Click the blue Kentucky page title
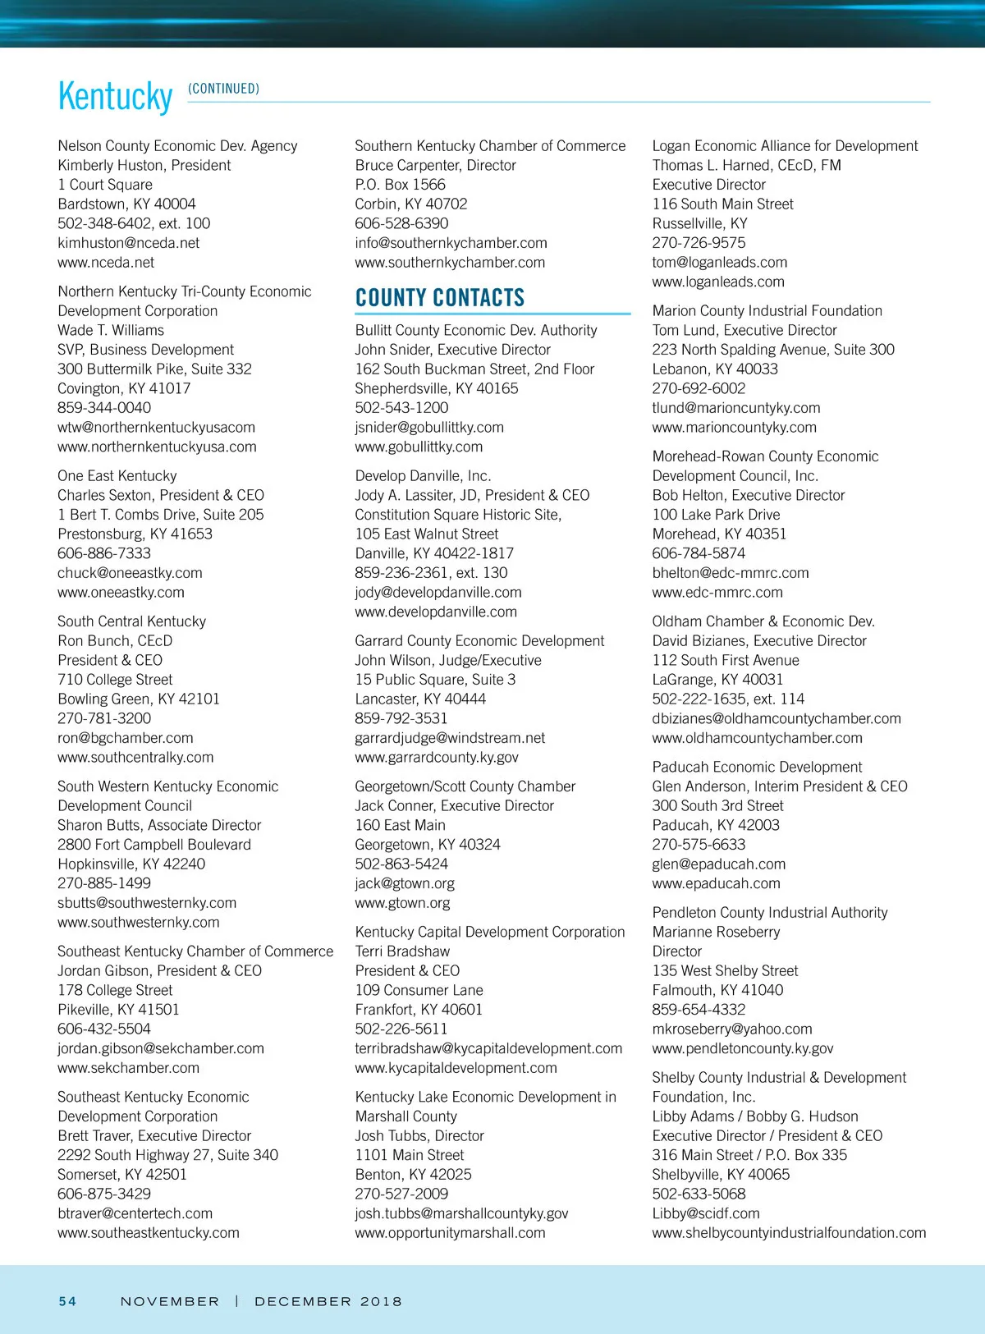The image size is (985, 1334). [x=115, y=97]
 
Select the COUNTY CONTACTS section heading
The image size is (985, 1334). [x=439, y=297]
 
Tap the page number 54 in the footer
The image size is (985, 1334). [x=67, y=1301]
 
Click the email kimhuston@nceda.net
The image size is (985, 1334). [x=128, y=243]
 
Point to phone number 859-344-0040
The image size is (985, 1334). [x=104, y=408]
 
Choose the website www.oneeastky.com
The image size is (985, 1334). [x=121, y=593]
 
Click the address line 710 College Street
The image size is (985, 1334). [x=115, y=680]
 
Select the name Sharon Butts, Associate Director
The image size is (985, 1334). [x=159, y=825]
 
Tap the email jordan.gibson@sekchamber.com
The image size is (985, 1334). [x=161, y=1048]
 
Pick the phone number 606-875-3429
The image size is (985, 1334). [x=104, y=1194]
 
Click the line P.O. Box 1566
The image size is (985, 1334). [x=400, y=185]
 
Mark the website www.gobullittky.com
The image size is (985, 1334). [x=419, y=447]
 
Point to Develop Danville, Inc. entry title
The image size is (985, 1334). [x=423, y=476]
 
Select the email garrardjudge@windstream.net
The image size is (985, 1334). [x=450, y=738]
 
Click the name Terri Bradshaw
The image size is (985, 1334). [x=402, y=951]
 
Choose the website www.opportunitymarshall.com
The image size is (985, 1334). [x=450, y=1233]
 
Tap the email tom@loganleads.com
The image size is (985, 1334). [x=719, y=263]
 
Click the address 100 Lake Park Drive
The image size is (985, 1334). [x=716, y=515]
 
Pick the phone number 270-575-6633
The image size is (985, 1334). [x=699, y=845]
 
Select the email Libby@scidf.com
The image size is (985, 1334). [x=705, y=1213]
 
